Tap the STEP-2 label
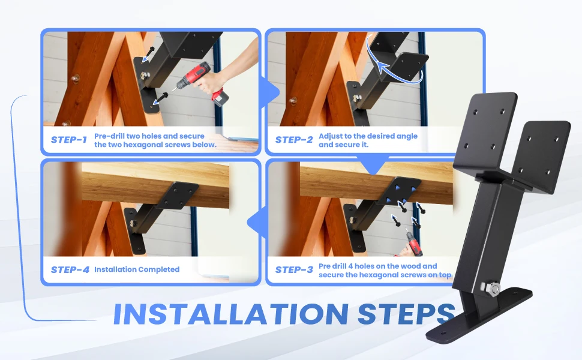click(294, 140)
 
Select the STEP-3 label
click(294, 270)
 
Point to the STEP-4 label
click(70, 270)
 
